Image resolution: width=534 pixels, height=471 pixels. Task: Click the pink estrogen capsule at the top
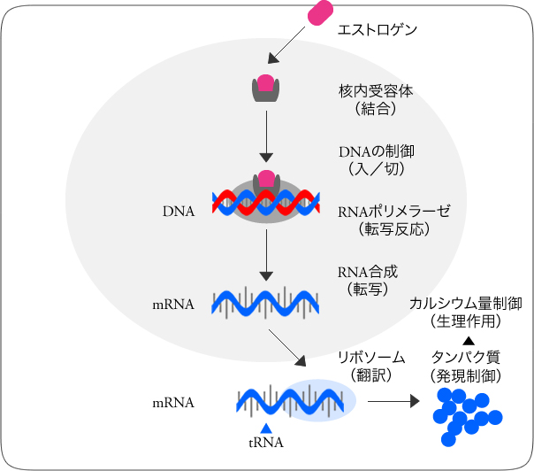coord(319,12)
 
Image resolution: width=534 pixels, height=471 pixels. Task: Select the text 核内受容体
coord(376,91)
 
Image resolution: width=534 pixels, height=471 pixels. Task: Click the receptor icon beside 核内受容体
coord(265,87)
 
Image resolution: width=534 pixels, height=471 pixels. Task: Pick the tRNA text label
coord(265,443)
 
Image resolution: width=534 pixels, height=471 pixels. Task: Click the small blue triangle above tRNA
coord(265,428)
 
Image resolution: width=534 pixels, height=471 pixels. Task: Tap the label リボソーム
coord(371,357)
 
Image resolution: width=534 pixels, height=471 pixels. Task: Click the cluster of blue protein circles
coord(466,414)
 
